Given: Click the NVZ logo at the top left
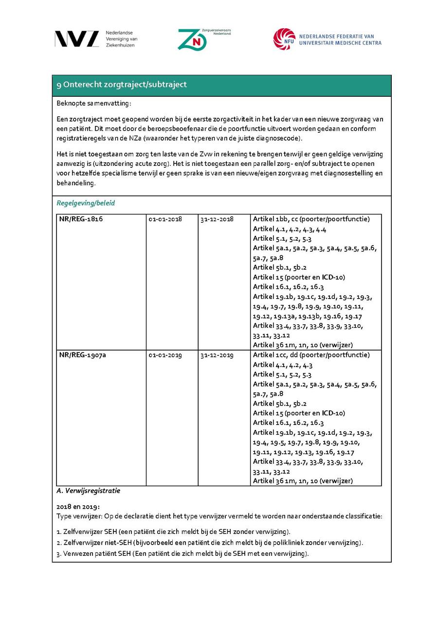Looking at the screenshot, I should coord(77,39).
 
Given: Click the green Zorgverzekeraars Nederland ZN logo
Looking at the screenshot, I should coord(192,39).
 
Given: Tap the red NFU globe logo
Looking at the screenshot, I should coord(284,39).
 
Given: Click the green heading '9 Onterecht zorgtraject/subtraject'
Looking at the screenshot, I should coord(122,85).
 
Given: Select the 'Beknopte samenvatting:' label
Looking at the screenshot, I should coord(94,103).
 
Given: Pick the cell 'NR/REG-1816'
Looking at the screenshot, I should coord(81,219).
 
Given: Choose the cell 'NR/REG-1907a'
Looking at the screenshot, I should coord(83,355).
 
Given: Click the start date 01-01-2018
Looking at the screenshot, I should coord(165,219).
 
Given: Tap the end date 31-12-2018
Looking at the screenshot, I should coord(217,219).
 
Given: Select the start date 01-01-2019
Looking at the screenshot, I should coord(165,355).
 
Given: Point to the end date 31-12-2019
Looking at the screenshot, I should coord(217,355).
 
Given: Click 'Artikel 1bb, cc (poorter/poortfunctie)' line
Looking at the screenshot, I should coord(311,219).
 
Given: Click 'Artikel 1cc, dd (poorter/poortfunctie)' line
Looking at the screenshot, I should coord(311,355).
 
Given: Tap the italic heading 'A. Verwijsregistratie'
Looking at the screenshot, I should coord(89,491).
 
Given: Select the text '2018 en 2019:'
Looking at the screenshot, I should coord(78,506).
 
